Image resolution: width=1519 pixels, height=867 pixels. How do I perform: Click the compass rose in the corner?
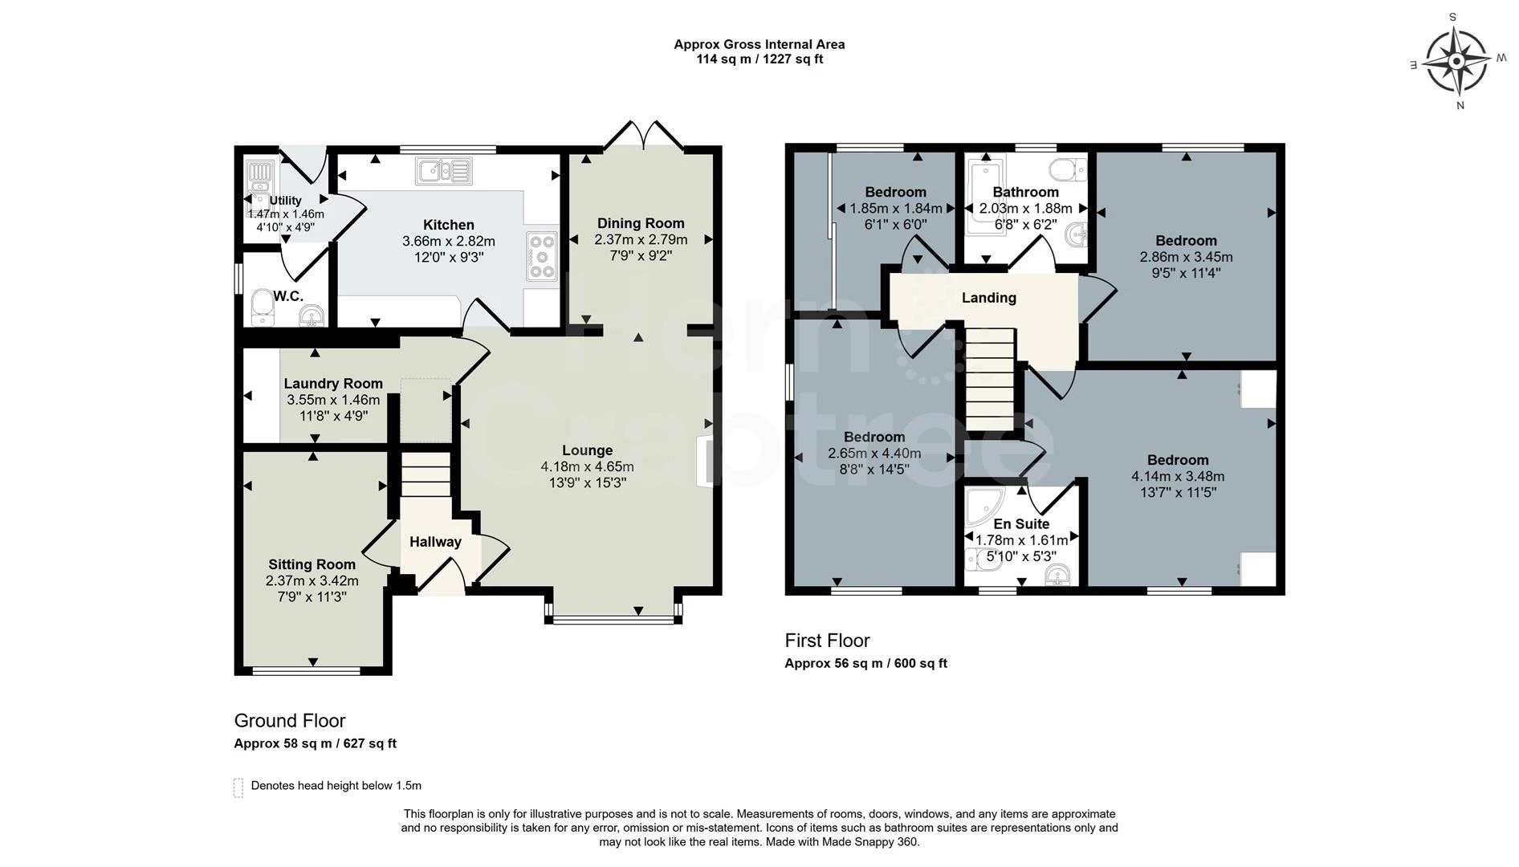pos(1455,61)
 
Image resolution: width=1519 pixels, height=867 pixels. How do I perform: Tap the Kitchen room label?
pos(449,225)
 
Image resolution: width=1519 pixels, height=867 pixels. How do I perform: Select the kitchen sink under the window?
pos(444,171)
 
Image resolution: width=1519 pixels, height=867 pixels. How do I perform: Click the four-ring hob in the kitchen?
pos(542,256)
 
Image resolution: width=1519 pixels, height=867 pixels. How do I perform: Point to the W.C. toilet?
pos(262,307)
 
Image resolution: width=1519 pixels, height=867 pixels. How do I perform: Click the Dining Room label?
pos(641,223)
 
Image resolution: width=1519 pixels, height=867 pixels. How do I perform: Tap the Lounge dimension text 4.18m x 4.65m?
pos(588,466)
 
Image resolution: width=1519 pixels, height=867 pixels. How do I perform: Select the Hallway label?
pos(435,542)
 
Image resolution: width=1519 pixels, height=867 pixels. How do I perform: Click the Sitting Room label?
pos(312,564)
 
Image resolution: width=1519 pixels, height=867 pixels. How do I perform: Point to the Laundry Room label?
pos(333,384)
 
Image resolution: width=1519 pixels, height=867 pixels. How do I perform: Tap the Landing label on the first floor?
pos(989,298)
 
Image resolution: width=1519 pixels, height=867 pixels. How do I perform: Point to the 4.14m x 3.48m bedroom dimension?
pos(1178,476)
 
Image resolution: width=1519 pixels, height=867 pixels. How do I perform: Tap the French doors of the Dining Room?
pos(644,136)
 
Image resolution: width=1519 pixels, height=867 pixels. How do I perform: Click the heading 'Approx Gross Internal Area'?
pos(759,45)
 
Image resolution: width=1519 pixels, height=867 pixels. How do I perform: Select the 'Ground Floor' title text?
pos(290,721)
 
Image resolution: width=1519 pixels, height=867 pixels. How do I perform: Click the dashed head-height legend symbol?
pos(238,788)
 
